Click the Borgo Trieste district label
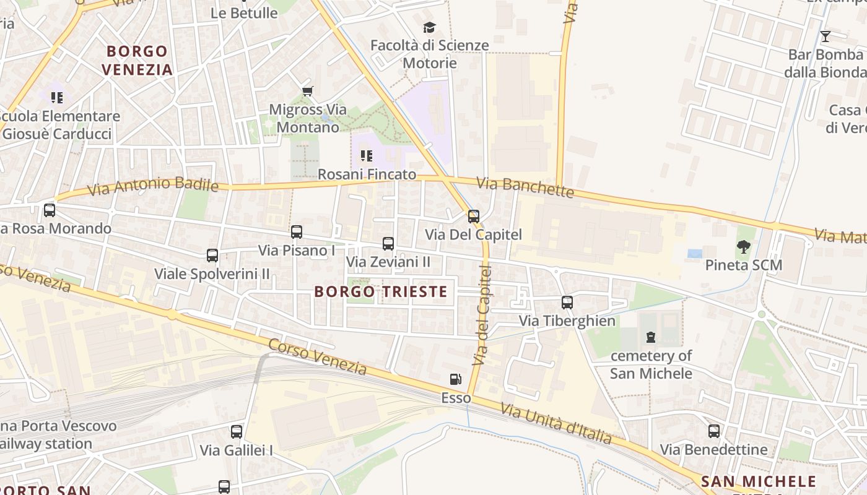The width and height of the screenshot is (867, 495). coord(380,291)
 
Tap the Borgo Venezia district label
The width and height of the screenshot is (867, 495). coord(137,60)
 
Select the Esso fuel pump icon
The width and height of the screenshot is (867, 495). coord(455,379)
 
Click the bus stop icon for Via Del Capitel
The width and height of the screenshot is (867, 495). coord(474,216)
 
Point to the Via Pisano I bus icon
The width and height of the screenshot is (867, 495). coord(297,232)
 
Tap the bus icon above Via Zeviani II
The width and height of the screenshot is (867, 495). coord(388,243)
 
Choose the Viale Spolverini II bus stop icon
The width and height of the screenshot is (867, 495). coord(212,255)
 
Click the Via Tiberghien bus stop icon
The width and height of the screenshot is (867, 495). coord(567,302)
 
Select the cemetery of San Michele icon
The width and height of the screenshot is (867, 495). coord(651,337)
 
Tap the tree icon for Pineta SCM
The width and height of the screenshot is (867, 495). coord(744,247)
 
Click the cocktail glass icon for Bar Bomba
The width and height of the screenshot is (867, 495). coord(825,36)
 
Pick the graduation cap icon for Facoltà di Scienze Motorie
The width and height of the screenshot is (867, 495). coord(429,27)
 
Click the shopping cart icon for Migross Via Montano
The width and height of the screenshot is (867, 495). coord(308,92)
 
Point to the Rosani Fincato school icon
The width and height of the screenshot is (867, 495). coord(367,156)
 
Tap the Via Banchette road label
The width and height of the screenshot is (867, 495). coord(526,187)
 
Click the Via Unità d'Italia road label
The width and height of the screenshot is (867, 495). coord(556,424)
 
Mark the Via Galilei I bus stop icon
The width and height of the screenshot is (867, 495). coord(237,431)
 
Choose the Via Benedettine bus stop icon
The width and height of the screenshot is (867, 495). coord(714,431)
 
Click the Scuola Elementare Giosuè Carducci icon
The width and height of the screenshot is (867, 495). coord(57,98)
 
